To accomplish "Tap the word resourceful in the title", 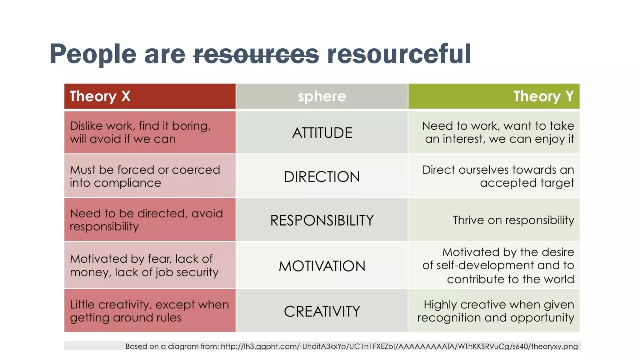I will tap(399, 54).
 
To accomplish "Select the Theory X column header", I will tap(150, 96).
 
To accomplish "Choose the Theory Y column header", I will tap(494, 96).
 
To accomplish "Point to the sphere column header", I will tap(322, 96).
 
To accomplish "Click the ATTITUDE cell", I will tap(322, 133).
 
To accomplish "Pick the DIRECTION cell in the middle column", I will tap(322, 177).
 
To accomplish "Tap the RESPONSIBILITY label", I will tap(322, 220).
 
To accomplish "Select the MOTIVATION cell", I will tap(322, 266).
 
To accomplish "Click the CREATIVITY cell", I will tap(322, 311).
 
